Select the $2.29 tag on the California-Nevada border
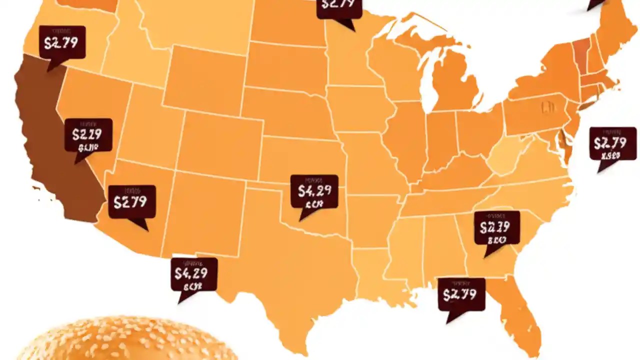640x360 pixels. point(88,135)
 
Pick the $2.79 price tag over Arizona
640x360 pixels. point(131,201)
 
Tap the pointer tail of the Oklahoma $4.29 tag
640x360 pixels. point(304,216)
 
